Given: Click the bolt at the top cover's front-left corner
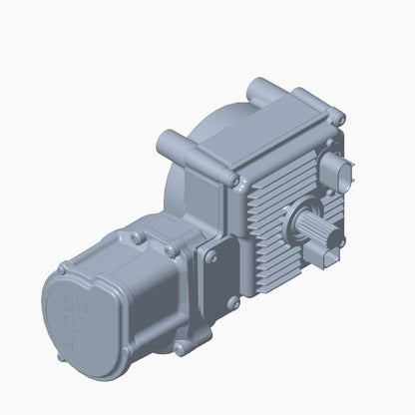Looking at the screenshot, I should click(232, 181).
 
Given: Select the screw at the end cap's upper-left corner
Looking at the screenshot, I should click(62, 269).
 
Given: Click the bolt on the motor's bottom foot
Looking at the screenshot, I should click(179, 349).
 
